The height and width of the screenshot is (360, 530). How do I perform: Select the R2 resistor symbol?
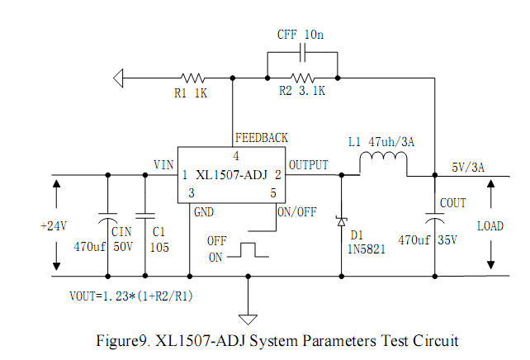point(302,78)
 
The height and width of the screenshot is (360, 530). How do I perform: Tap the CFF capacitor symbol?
point(302,52)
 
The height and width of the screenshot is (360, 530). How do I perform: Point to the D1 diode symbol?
point(341,221)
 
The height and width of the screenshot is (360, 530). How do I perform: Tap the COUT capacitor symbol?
point(434,218)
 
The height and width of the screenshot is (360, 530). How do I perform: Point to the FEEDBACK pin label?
point(262,137)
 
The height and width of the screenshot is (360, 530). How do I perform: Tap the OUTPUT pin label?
point(309,164)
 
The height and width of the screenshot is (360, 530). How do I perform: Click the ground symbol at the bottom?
point(247,318)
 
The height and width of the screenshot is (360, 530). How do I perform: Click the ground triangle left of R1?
point(121,78)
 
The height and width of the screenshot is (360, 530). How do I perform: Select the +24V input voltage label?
point(54,225)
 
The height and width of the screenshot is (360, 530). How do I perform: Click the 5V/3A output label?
point(468,166)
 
